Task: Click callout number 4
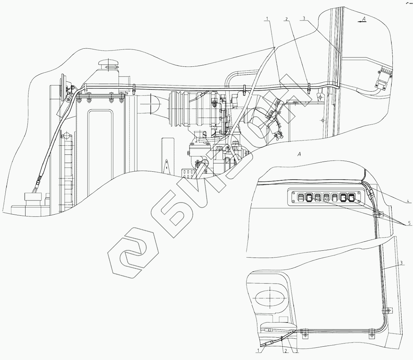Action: coord(407,201)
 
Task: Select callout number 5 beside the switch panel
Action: coord(409,223)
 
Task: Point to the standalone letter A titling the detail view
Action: coord(298,155)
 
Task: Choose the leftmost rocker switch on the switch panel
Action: coord(300,197)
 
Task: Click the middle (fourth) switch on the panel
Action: coord(326,197)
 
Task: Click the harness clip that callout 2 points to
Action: coord(309,88)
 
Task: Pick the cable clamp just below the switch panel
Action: coord(377,214)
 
